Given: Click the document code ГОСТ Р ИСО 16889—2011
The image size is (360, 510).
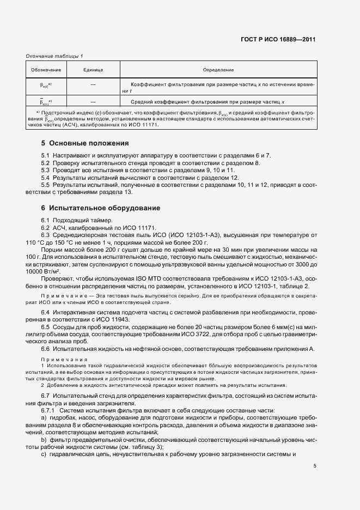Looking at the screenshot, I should coord(278,39).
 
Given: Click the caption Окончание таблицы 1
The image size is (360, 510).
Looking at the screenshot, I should coord(54,56).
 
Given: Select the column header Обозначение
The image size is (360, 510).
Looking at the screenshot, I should coord(46,70).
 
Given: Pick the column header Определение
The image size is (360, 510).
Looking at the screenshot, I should coord(218,70).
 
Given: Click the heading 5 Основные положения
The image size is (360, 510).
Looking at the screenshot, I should coord(84,144).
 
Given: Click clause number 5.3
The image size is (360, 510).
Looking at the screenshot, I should coord(46,171).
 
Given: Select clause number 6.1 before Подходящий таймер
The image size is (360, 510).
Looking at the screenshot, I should coord(46,220).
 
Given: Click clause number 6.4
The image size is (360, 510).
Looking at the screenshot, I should coord(46,312).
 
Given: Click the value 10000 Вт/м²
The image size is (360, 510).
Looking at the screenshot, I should coord(44,271).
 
